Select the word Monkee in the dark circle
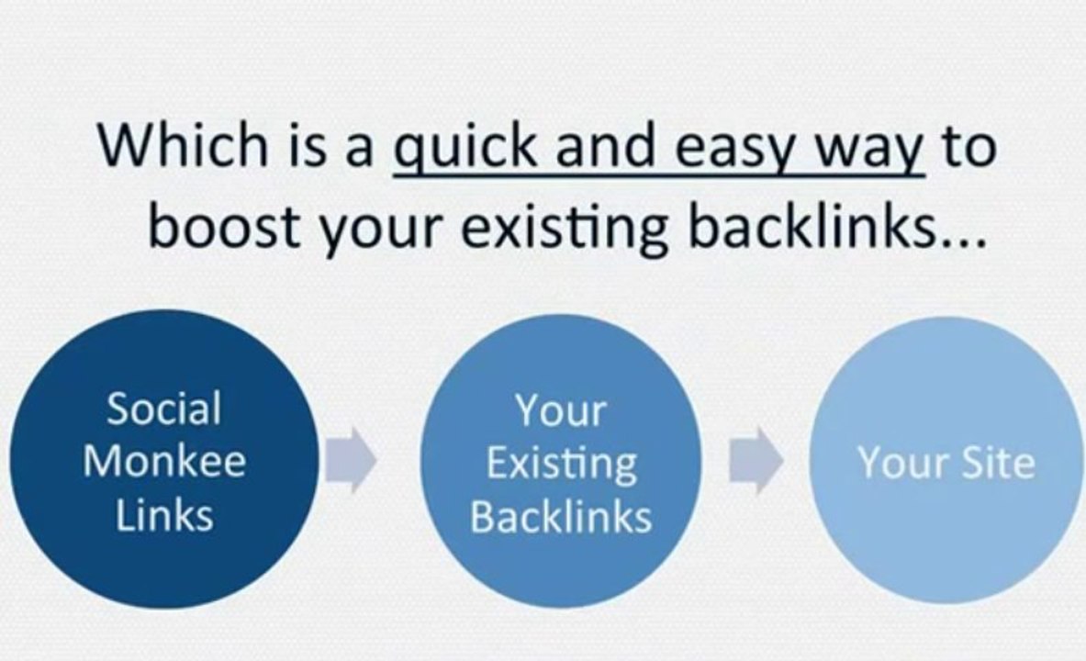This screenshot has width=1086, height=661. click(164, 461)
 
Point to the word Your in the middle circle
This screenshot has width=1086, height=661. click(561, 410)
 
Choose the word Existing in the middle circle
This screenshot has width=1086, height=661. click(561, 464)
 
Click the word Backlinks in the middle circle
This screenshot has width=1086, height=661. click(561, 517)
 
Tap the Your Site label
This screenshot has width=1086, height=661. click(946, 464)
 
